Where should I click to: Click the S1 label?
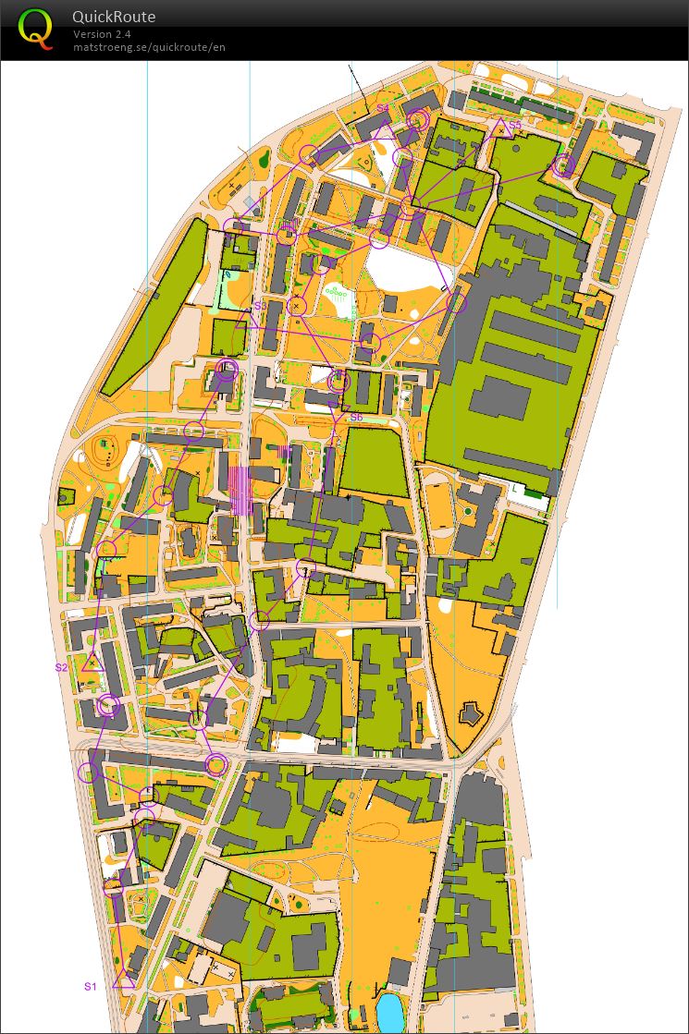(91, 986)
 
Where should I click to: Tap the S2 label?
(61, 666)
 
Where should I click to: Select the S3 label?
(260, 305)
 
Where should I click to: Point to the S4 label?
(382, 109)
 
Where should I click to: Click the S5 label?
(515, 125)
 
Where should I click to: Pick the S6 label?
(356, 418)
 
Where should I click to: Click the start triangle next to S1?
(123, 980)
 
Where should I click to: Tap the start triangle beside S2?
(91, 663)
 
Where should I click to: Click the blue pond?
(391, 1013)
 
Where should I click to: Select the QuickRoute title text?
(114, 17)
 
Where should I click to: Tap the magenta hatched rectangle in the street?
(240, 490)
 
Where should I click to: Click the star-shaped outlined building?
(470, 712)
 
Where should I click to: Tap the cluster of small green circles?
(339, 296)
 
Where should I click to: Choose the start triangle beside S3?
(246, 321)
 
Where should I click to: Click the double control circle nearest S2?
(109, 706)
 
